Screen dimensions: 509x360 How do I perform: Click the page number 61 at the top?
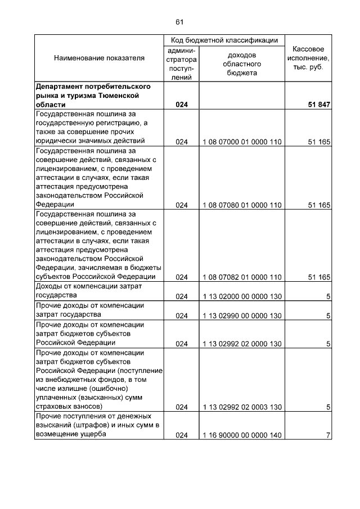point(179,22)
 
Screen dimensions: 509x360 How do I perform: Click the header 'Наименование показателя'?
point(99,58)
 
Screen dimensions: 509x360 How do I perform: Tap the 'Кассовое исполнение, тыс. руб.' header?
point(308,58)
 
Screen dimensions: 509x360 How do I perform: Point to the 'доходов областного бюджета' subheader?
point(242,64)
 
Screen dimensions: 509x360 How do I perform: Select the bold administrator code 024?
point(181,105)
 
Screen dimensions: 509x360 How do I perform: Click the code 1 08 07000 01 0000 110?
point(242,142)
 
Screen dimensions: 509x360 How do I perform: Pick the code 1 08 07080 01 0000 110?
point(242,205)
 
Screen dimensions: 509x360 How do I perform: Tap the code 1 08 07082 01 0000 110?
point(242,277)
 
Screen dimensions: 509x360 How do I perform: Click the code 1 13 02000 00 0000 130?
point(242,296)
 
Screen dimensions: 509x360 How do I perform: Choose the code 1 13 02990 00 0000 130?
point(242,316)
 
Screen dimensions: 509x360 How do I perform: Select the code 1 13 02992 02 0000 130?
point(242,343)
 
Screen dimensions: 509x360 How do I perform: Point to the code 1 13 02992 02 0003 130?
point(242,407)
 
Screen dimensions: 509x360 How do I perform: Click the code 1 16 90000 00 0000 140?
point(242,435)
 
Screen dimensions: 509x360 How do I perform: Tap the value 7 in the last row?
point(327,435)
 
